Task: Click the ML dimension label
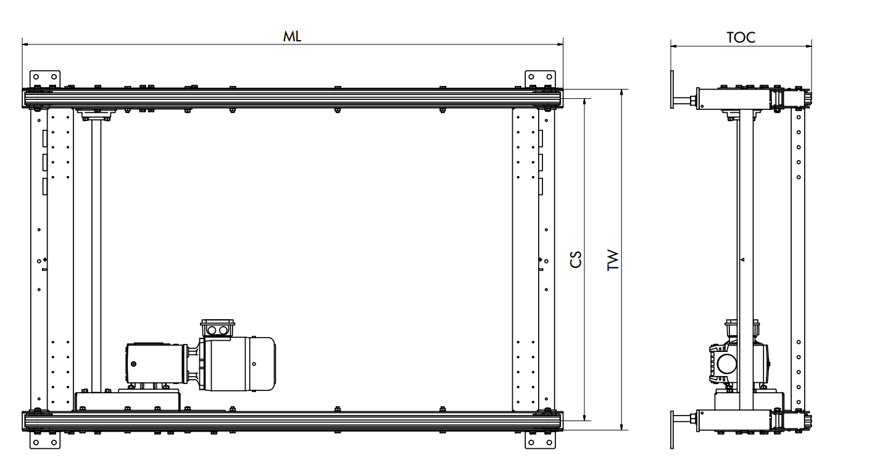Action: point(292,36)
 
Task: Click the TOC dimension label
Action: point(741,38)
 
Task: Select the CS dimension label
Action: point(576,259)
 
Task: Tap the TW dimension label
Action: point(613,260)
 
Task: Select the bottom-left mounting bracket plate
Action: point(45,440)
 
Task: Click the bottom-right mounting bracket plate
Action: point(540,440)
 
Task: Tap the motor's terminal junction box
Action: point(218,329)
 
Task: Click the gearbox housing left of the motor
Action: point(156,363)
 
